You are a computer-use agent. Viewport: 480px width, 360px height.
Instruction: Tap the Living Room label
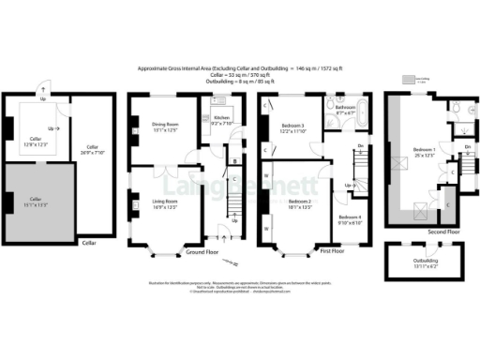(x=165, y=203)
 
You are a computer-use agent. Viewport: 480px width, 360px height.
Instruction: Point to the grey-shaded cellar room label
(x=37, y=201)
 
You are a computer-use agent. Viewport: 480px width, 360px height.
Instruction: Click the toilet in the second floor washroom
(x=453, y=111)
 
